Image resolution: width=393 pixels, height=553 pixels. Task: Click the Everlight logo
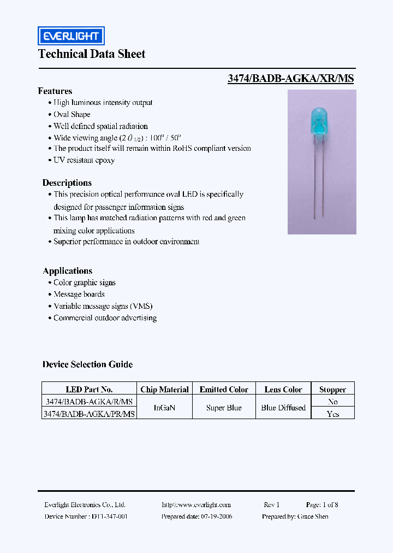click(x=71, y=36)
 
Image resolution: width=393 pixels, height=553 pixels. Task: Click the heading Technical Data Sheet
click(x=92, y=54)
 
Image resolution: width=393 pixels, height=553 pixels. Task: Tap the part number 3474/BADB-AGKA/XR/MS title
click(x=290, y=78)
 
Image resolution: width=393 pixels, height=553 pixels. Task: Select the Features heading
click(x=55, y=91)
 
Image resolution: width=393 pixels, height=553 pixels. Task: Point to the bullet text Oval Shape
click(x=72, y=114)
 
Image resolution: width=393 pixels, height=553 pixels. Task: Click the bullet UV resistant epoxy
click(x=84, y=160)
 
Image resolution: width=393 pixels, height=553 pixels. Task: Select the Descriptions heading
click(x=67, y=183)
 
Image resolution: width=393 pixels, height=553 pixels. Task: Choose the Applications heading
click(x=68, y=270)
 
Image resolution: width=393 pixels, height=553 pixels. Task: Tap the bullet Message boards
click(x=79, y=294)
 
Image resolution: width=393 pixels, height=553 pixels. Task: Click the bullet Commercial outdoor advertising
click(x=105, y=318)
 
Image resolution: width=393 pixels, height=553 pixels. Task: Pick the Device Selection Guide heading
click(x=88, y=364)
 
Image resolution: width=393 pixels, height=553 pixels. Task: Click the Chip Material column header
click(x=164, y=390)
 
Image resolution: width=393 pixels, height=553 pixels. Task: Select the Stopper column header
click(x=332, y=390)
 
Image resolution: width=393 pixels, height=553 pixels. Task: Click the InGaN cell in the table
click(x=164, y=408)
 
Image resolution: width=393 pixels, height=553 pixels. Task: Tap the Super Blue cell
click(x=224, y=408)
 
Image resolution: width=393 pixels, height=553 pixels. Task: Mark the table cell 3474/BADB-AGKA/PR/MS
click(x=89, y=414)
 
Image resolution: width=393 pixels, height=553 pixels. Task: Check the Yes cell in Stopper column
click(x=332, y=414)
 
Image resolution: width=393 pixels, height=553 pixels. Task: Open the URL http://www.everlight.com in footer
click(x=196, y=505)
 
